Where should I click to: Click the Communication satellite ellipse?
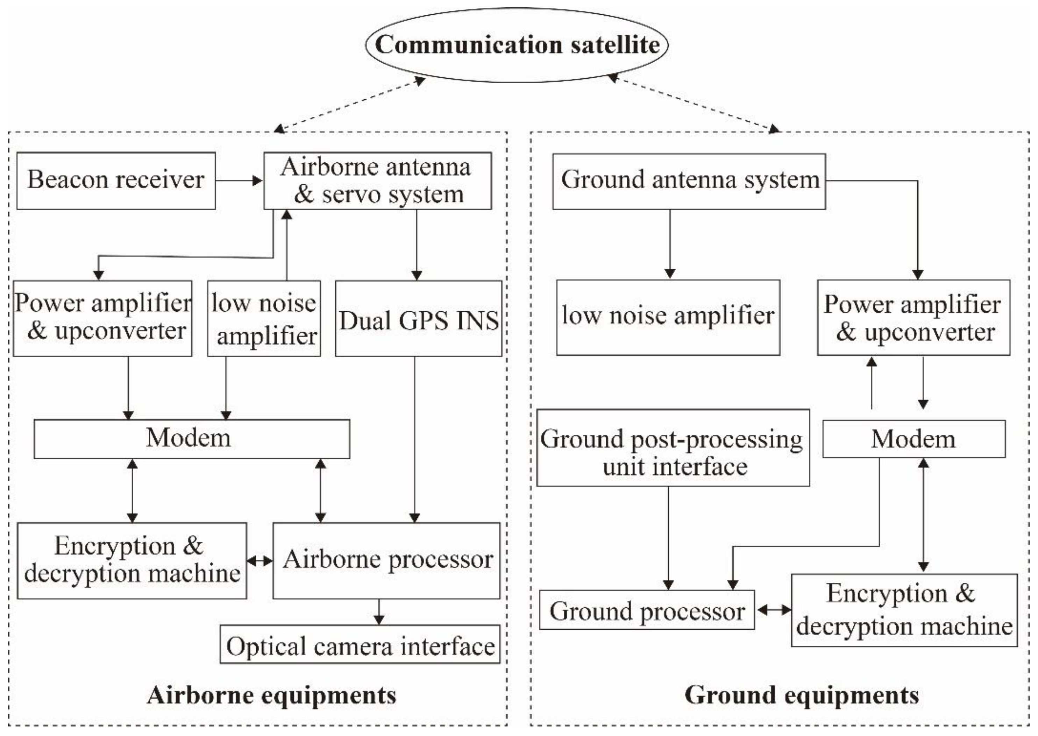pos(517,45)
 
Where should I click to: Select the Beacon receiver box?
pos(116,181)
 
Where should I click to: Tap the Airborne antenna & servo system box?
pos(377,181)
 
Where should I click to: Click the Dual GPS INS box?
pos(419,319)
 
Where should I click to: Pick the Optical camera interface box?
pos(360,644)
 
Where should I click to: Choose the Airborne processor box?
pos(386,561)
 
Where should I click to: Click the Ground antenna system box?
pos(689,181)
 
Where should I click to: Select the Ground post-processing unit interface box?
pos(673,448)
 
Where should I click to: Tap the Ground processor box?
pos(647,610)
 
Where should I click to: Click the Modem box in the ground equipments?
pos(913,439)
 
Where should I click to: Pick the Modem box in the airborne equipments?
pos(192,439)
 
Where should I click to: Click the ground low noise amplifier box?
pos(668,317)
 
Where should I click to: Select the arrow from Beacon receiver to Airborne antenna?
pos(239,181)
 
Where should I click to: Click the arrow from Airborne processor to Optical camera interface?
pos(379,612)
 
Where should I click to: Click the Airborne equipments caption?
pos(271,695)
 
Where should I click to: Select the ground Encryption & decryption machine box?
pos(904,610)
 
